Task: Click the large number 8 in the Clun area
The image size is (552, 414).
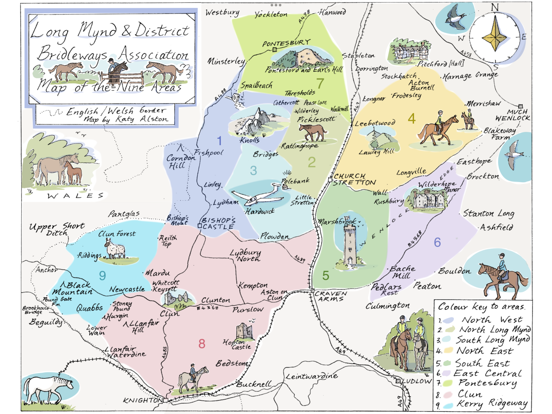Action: (202, 344)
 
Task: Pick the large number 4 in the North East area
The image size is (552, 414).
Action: (412, 119)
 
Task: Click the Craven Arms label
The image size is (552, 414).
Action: (331, 296)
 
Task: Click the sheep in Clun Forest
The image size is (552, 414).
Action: (115, 248)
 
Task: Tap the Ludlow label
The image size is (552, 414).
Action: (417, 381)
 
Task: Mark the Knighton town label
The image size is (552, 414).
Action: (143, 400)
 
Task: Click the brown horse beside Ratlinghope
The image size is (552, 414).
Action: (313, 132)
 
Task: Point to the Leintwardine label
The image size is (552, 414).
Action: (312, 376)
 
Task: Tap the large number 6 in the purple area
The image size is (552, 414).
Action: (437, 242)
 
